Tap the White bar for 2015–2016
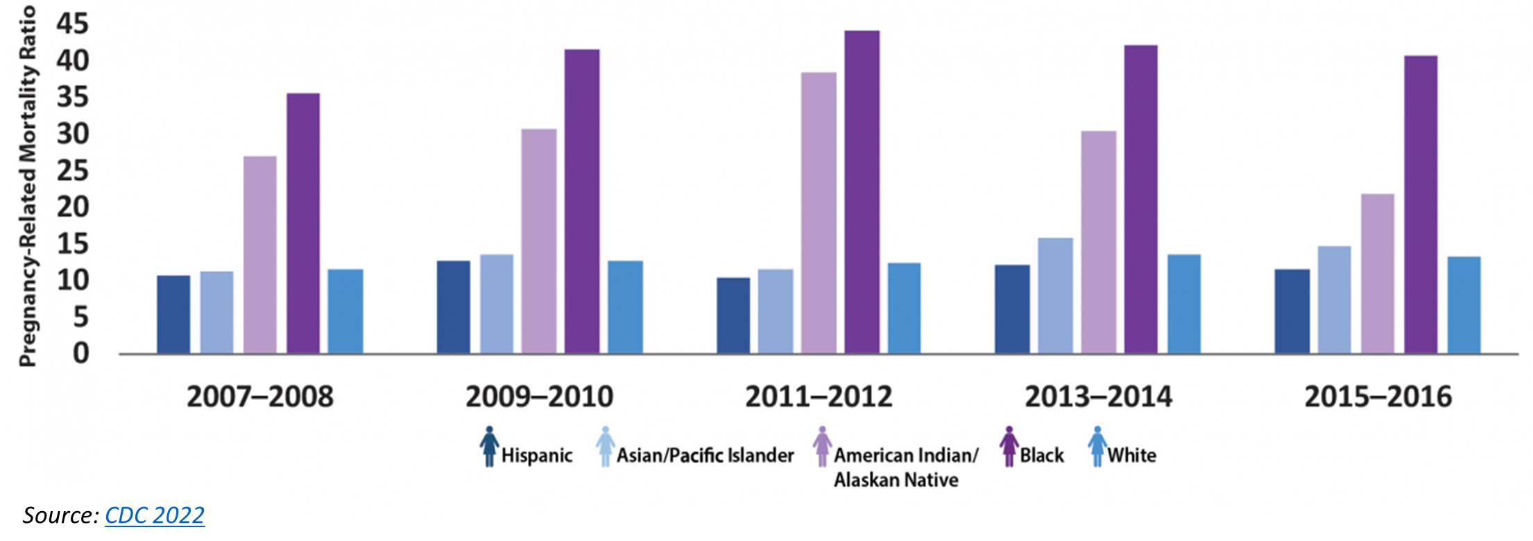pos(1464,305)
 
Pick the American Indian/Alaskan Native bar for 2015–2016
pos(1378,274)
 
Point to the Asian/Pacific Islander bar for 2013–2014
pos(1055,296)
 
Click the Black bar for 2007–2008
pos(303,223)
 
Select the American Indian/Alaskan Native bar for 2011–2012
pos(819,213)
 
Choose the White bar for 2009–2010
pos(626,307)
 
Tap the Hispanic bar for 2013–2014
pos(1012,309)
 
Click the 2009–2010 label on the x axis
pos(539,397)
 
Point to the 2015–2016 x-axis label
pos(1378,397)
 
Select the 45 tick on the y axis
pos(73,24)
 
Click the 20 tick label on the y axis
pos(73,207)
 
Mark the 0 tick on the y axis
pos(81,353)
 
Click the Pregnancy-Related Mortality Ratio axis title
pos(28,186)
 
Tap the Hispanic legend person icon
pos(489,446)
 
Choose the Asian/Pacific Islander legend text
pos(705,456)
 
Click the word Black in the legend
pos(1041,456)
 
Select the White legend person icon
pos(1097,446)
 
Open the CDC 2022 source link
pos(155,515)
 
